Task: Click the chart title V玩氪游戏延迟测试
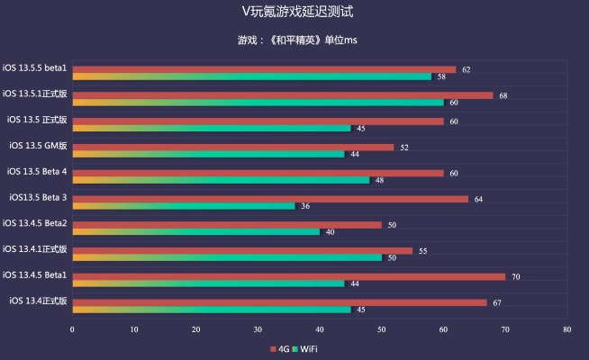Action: pos(294,12)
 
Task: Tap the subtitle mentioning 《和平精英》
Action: pos(294,40)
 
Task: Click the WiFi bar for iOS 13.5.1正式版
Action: pos(258,103)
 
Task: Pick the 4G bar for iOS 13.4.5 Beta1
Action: pos(288,276)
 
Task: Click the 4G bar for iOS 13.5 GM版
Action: pos(232,147)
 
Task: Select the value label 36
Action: pos(305,206)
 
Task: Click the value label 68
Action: pos(503,95)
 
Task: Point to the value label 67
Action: pos(496,302)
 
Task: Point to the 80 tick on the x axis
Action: pos(566,329)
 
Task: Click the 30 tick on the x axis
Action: pos(258,329)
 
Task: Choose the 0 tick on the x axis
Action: pos(72,329)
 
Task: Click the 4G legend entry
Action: pos(278,348)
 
